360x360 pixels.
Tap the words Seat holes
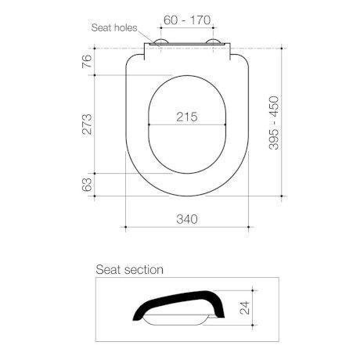point(115,27)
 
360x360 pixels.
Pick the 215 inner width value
point(186,117)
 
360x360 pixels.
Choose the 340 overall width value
point(186,219)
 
